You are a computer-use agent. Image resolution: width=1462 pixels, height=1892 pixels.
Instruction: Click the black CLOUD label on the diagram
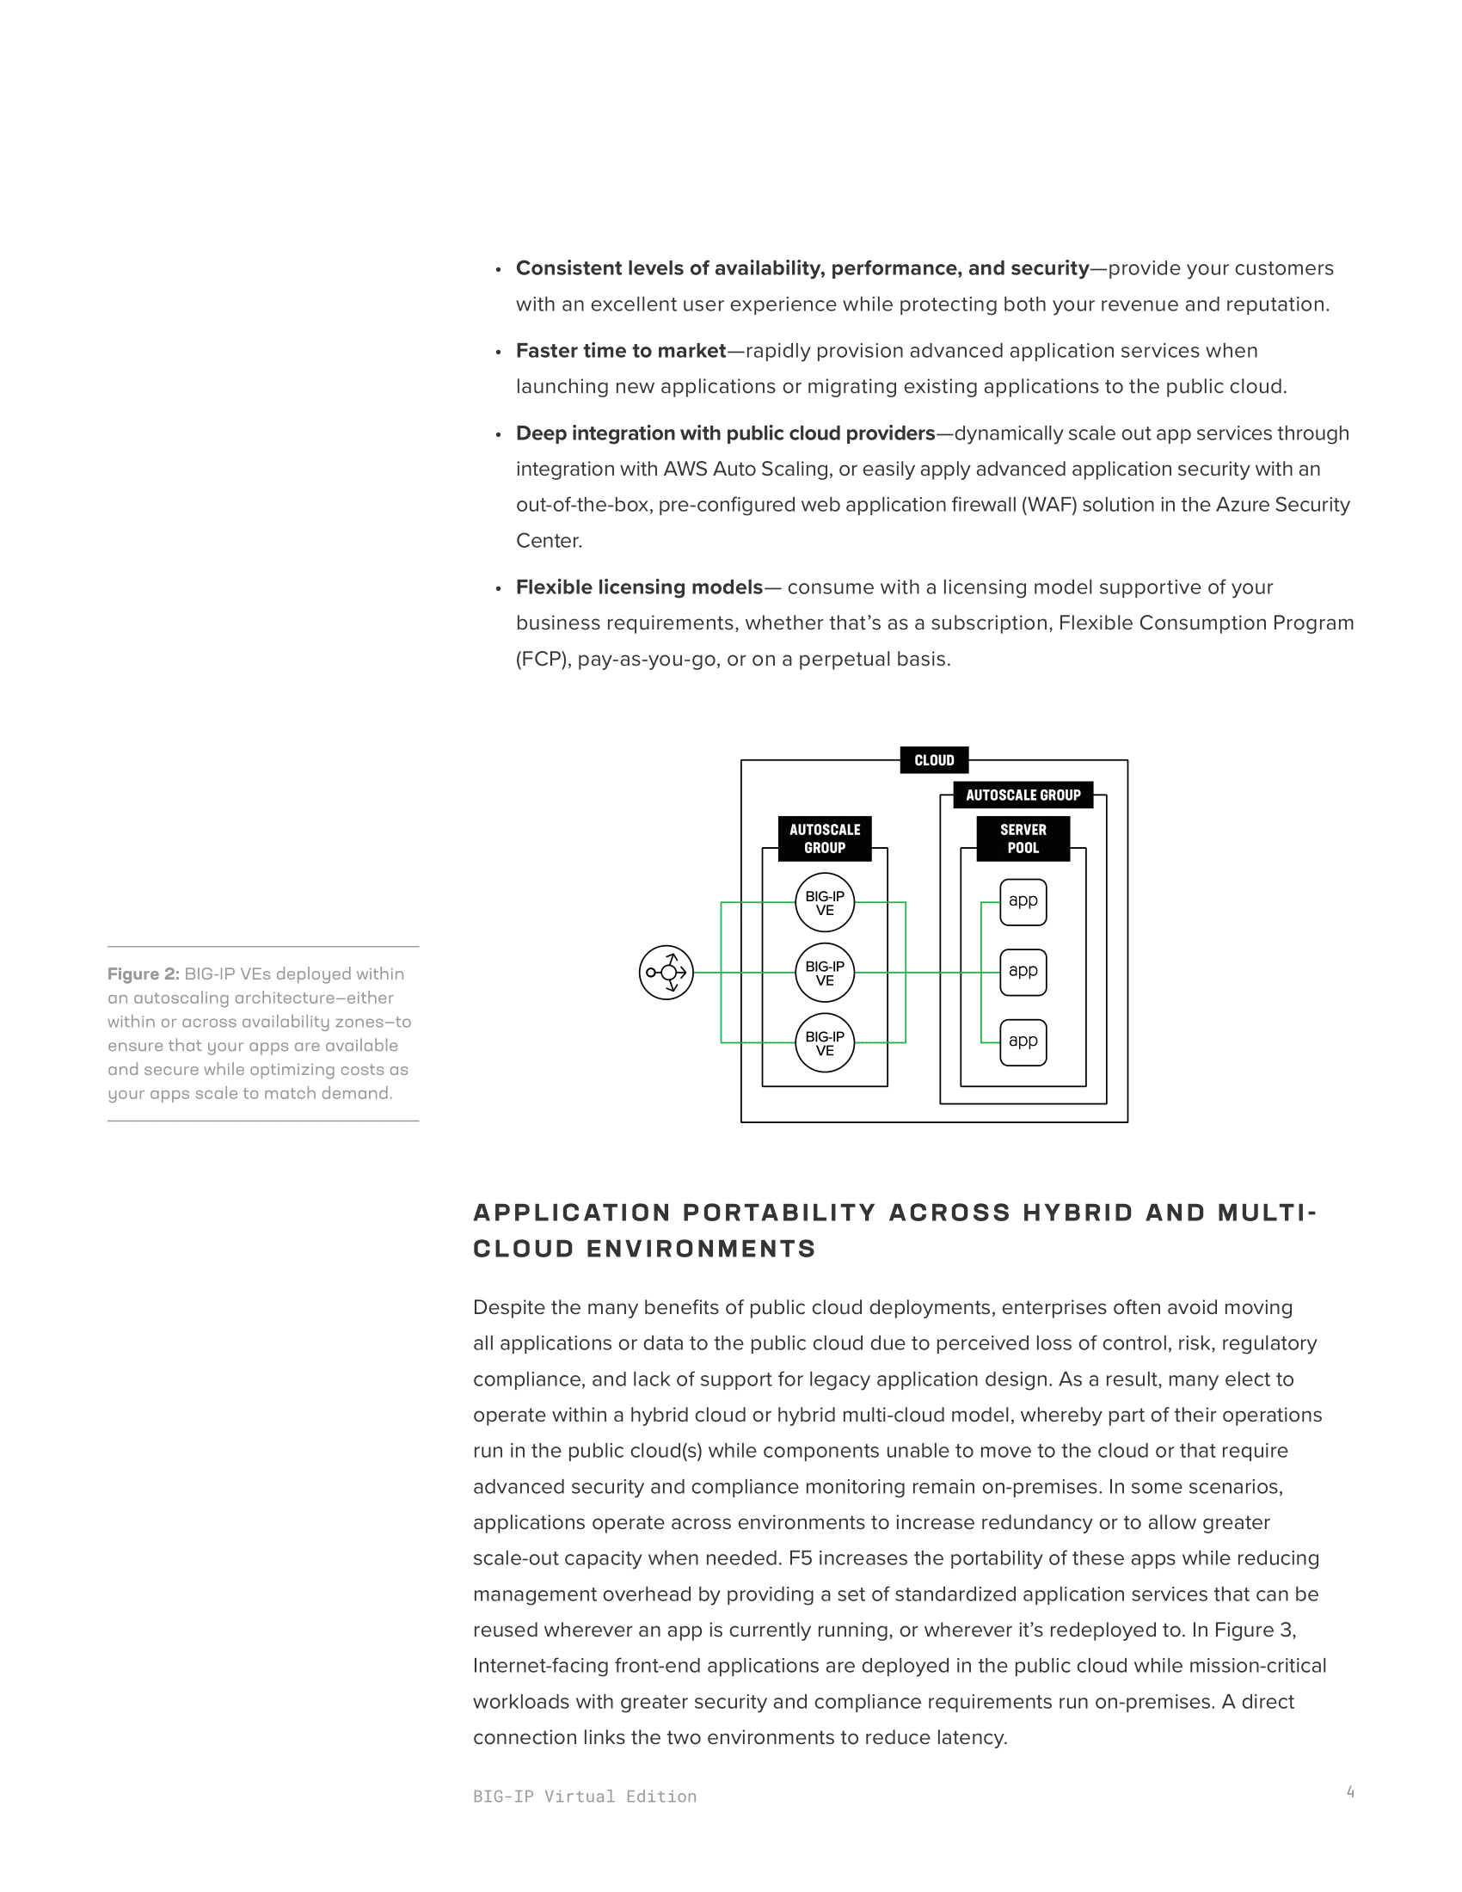pos(934,759)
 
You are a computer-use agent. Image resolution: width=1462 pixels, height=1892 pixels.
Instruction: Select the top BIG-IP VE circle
pos(825,903)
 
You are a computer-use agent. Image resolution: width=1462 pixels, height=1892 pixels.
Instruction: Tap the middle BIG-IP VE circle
pos(825,973)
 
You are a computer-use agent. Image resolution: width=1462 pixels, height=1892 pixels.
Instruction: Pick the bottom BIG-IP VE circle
pos(825,1043)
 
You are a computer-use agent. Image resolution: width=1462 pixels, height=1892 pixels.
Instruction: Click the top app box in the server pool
pos(1023,902)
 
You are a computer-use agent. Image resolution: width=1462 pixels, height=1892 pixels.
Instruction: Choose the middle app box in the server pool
pos(1023,972)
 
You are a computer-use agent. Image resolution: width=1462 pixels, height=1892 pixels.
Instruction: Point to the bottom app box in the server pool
pos(1023,1042)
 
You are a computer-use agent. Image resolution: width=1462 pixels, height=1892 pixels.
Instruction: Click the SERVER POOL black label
pos(1023,838)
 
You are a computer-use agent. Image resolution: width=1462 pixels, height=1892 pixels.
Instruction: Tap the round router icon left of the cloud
pos(666,973)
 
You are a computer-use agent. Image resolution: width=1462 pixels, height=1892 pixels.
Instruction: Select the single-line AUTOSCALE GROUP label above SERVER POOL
pos(1023,795)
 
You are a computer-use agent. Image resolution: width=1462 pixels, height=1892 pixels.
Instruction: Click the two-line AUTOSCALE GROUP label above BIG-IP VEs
pos(825,838)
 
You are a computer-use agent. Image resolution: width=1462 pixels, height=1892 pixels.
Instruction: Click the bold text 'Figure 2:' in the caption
pos(143,974)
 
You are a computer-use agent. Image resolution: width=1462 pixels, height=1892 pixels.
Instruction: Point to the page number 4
pos(1350,1791)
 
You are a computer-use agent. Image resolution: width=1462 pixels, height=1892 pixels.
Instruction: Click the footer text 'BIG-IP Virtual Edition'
pos(585,1797)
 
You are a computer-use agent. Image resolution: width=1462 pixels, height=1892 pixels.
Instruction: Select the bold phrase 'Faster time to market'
pos(621,351)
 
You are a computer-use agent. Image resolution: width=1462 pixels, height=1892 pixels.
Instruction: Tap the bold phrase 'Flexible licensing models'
pos(639,587)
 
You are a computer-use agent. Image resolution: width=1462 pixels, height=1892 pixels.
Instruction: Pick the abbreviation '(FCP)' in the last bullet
pos(542,660)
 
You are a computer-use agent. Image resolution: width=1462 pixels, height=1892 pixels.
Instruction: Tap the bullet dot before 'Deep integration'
pos(498,435)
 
